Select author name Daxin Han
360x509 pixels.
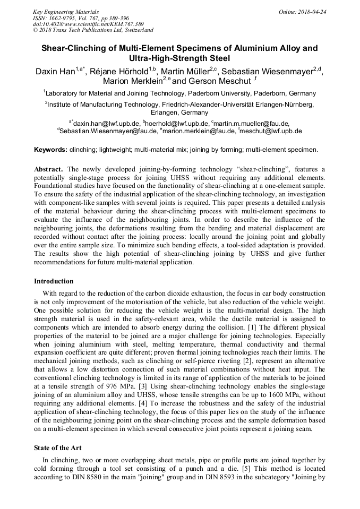coord(55,71)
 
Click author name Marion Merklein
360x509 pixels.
coord(131,81)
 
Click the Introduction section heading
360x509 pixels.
coord(54,281)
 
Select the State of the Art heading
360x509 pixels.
coord(58,448)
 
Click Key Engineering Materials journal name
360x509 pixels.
coord(66,12)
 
